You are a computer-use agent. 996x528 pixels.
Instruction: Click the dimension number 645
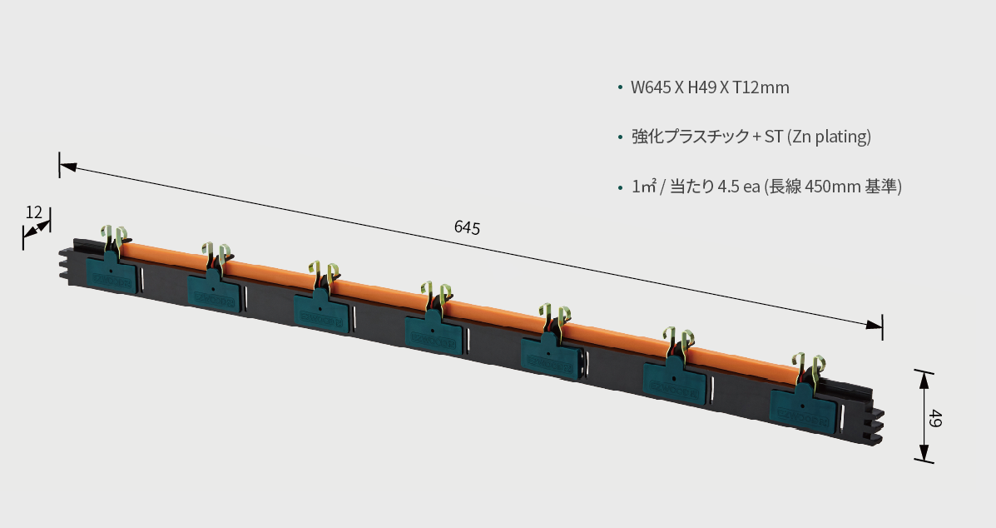[467, 227]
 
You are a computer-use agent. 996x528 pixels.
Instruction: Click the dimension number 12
[33, 212]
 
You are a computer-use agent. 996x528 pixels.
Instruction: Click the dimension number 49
[935, 418]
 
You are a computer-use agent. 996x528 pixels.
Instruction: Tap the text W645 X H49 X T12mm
[710, 87]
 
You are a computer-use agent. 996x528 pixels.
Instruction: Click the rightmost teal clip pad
[801, 409]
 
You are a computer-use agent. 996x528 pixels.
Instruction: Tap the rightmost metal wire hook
[808, 369]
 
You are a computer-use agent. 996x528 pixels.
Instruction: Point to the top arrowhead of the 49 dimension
[924, 378]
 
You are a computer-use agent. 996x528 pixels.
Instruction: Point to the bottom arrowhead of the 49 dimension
[924, 454]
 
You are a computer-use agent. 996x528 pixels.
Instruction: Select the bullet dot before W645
[621, 87]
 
